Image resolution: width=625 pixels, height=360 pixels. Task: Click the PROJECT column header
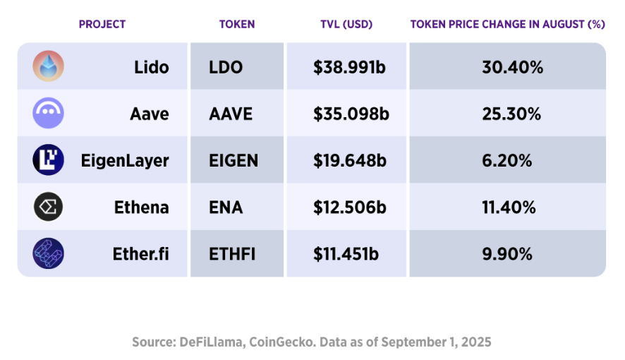click(x=102, y=24)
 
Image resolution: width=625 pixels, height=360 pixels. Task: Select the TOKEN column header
click(x=237, y=24)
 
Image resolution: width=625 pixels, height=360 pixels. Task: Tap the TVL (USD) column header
click(x=346, y=24)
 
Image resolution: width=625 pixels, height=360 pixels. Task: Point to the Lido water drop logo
click(x=48, y=66)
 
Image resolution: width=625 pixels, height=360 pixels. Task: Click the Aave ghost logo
click(x=48, y=113)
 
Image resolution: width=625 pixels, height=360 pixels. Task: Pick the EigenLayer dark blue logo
click(x=48, y=160)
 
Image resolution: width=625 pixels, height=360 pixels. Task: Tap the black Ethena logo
click(x=48, y=207)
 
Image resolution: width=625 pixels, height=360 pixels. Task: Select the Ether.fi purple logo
click(x=48, y=253)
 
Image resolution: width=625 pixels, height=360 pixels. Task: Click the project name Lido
click(x=152, y=67)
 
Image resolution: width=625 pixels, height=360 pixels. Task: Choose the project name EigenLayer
click(x=125, y=160)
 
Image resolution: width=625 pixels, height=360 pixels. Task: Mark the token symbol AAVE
click(x=231, y=114)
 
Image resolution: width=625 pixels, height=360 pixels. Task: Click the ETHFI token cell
click(x=231, y=253)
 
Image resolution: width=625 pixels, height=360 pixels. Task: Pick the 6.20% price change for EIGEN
click(x=507, y=160)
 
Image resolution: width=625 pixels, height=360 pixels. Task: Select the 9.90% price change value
click(x=507, y=253)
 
